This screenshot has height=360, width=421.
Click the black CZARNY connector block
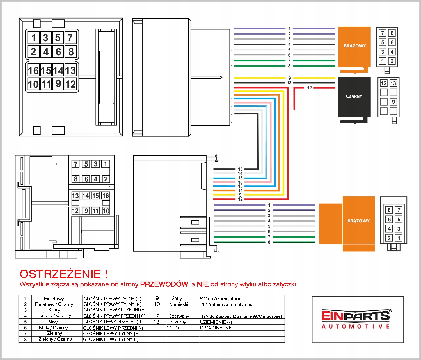(354, 97)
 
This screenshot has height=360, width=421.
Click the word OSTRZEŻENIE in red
(60, 274)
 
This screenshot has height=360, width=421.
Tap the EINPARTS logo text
(356, 316)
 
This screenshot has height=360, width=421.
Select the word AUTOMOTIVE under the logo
(356, 327)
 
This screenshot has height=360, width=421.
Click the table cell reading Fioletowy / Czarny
(54, 304)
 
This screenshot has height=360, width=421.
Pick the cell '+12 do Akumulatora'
(219, 299)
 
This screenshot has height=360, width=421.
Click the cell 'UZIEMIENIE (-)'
(216, 322)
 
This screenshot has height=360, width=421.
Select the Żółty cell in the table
(177, 299)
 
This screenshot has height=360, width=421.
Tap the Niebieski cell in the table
(179, 304)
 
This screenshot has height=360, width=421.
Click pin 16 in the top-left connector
(33, 70)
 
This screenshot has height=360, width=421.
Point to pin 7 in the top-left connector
(70, 38)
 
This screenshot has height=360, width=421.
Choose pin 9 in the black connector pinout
(393, 102)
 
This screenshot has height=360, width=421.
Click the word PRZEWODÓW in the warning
(164, 284)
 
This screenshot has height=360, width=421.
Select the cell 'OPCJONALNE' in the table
(216, 328)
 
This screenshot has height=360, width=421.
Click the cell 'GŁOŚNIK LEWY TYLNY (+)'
(111, 334)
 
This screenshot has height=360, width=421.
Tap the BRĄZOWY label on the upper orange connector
(355, 46)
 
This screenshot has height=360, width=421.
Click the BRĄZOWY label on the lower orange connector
(358, 221)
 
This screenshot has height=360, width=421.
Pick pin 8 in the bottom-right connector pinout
(389, 210)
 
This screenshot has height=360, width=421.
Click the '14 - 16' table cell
(174, 327)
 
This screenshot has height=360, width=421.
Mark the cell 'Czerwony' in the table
(179, 316)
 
